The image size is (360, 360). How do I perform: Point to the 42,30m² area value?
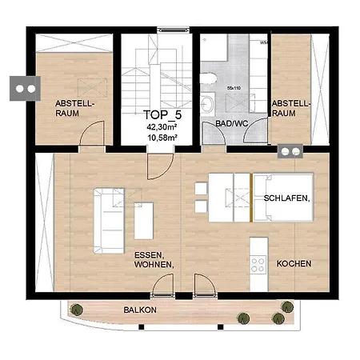click(x=161, y=126)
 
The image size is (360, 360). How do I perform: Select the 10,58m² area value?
click(x=161, y=137)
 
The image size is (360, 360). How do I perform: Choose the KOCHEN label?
click(x=294, y=264)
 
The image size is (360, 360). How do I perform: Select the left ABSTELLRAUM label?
click(x=76, y=110)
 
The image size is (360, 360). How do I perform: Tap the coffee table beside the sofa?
click(x=144, y=221)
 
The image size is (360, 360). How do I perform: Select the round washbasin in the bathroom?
click(x=207, y=104)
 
